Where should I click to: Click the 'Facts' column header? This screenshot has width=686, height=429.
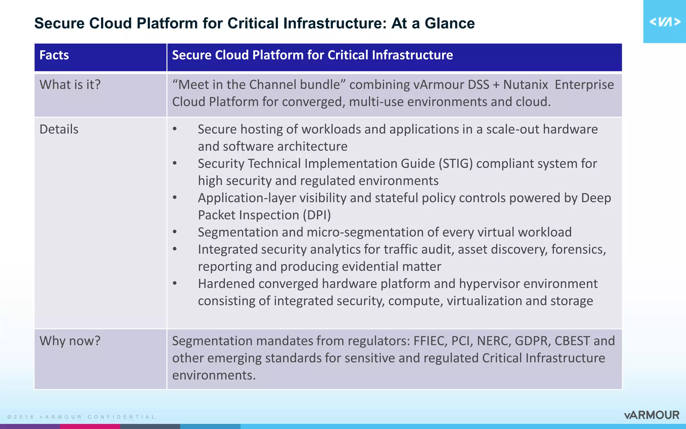click(54, 55)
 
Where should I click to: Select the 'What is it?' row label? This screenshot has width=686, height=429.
click(70, 85)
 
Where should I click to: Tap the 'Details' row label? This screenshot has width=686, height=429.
click(59, 129)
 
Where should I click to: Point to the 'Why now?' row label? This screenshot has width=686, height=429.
click(70, 341)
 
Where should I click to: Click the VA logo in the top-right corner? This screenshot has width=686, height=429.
click(665, 22)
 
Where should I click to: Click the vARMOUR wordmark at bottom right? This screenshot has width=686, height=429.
click(651, 415)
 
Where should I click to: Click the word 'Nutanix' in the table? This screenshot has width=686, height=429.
click(526, 85)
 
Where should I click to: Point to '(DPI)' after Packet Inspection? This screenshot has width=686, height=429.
click(317, 215)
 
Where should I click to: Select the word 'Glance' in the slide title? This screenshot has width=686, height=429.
click(450, 23)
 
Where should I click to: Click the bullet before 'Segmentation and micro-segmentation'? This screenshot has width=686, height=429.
click(175, 232)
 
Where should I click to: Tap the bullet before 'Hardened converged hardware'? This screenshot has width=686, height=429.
click(175, 284)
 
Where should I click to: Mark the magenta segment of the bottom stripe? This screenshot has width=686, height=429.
click(90, 426)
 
